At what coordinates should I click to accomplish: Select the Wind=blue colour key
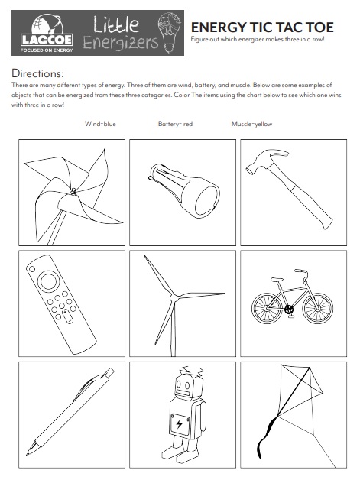[100, 124]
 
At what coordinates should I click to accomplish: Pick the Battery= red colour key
[175, 124]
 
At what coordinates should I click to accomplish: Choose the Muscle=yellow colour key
[251, 124]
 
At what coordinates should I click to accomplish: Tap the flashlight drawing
[180, 191]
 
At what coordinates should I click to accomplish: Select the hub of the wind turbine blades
[173, 294]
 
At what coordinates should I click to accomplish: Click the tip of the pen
[31, 449]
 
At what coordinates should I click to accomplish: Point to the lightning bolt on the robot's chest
[178, 423]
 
